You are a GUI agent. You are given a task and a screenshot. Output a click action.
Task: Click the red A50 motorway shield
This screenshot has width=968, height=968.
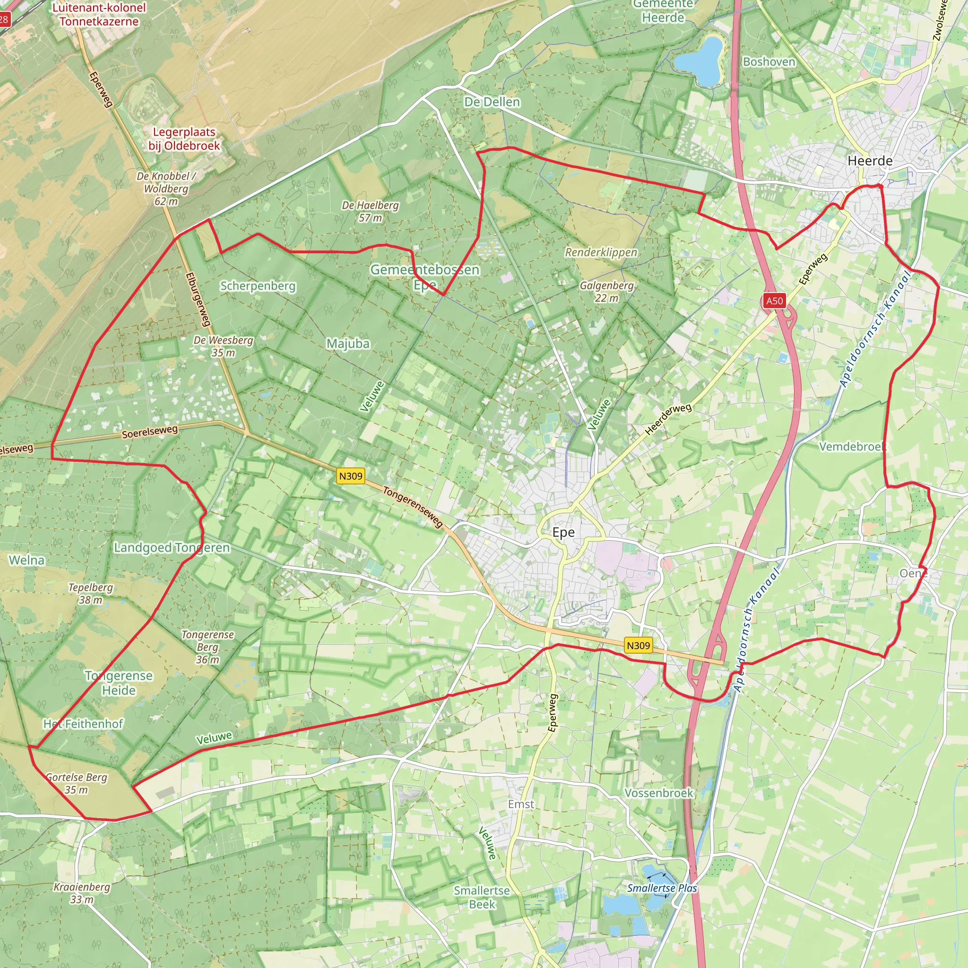click(774, 301)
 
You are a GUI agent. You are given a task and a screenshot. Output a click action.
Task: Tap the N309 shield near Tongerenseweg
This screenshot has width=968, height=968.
click(350, 476)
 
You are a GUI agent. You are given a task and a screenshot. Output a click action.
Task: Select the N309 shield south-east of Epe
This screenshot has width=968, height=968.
click(638, 646)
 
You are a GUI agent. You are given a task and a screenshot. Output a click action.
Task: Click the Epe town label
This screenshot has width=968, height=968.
click(564, 533)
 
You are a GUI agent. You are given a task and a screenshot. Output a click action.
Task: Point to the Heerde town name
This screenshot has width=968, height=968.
click(870, 161)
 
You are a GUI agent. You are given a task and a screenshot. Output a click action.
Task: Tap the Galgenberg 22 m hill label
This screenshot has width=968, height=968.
click(607, 292)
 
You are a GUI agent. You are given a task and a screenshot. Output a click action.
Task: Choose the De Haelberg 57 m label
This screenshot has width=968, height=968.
click(370, 211)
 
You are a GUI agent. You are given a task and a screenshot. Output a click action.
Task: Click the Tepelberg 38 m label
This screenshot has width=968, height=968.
click(91, 594)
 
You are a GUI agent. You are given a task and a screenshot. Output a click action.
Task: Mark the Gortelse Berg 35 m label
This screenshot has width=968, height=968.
click(76, 783)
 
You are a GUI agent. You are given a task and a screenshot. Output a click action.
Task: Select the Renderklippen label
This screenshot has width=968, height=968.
click(601, 252)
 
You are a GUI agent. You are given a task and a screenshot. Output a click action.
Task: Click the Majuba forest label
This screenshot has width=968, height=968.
click(348, 344)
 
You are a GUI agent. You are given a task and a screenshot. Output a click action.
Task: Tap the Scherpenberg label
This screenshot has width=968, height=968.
click(258, 286)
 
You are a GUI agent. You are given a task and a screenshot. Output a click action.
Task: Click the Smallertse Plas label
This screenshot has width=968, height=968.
click(662, 888)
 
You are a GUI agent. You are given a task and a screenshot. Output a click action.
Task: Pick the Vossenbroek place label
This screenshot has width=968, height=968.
click(659, 793)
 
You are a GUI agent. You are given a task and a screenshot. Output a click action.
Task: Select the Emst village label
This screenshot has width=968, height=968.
click(521, 804)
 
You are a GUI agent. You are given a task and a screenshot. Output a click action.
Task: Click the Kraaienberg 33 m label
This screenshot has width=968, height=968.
click(82, 893)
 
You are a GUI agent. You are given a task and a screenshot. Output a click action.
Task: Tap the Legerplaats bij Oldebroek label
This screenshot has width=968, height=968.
click(184, 139)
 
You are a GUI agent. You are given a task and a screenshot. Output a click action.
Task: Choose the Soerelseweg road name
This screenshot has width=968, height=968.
click(150, 432)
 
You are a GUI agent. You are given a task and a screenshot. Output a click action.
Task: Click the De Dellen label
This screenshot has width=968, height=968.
click(492, 102)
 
